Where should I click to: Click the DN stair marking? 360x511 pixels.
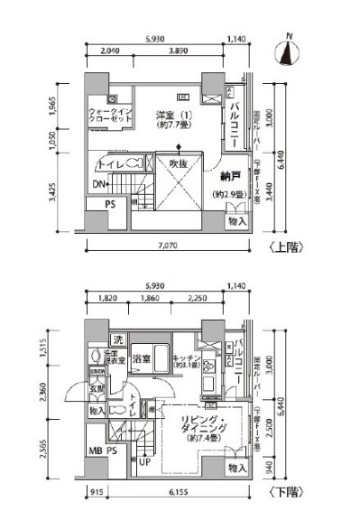[x=99, y=186]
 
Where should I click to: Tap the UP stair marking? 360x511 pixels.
[x=144, y=462]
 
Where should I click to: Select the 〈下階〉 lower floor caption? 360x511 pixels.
[x=282, y=491]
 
